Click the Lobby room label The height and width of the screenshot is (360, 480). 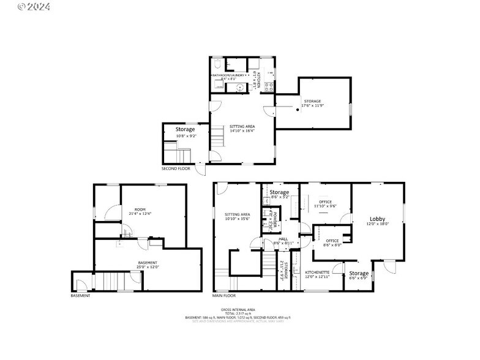378,219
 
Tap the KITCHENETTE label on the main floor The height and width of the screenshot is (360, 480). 317,272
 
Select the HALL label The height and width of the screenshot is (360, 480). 283,239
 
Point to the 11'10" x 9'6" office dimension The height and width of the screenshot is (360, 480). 325,206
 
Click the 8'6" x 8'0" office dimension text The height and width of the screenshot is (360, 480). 332,245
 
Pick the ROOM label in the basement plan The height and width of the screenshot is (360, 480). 140,209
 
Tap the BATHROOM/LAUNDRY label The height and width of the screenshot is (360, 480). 228,75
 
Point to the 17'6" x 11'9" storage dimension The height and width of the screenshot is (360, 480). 312,105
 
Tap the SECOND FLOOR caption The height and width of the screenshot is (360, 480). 176,168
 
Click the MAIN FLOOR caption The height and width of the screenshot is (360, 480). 224,296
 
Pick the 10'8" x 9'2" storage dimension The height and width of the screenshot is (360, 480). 186,136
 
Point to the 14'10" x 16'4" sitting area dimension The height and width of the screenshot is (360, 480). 242,130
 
